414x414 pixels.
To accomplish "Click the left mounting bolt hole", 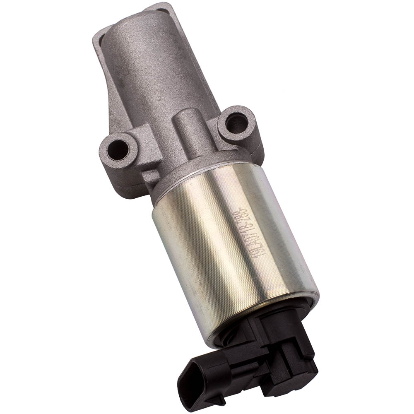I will point(118,149).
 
